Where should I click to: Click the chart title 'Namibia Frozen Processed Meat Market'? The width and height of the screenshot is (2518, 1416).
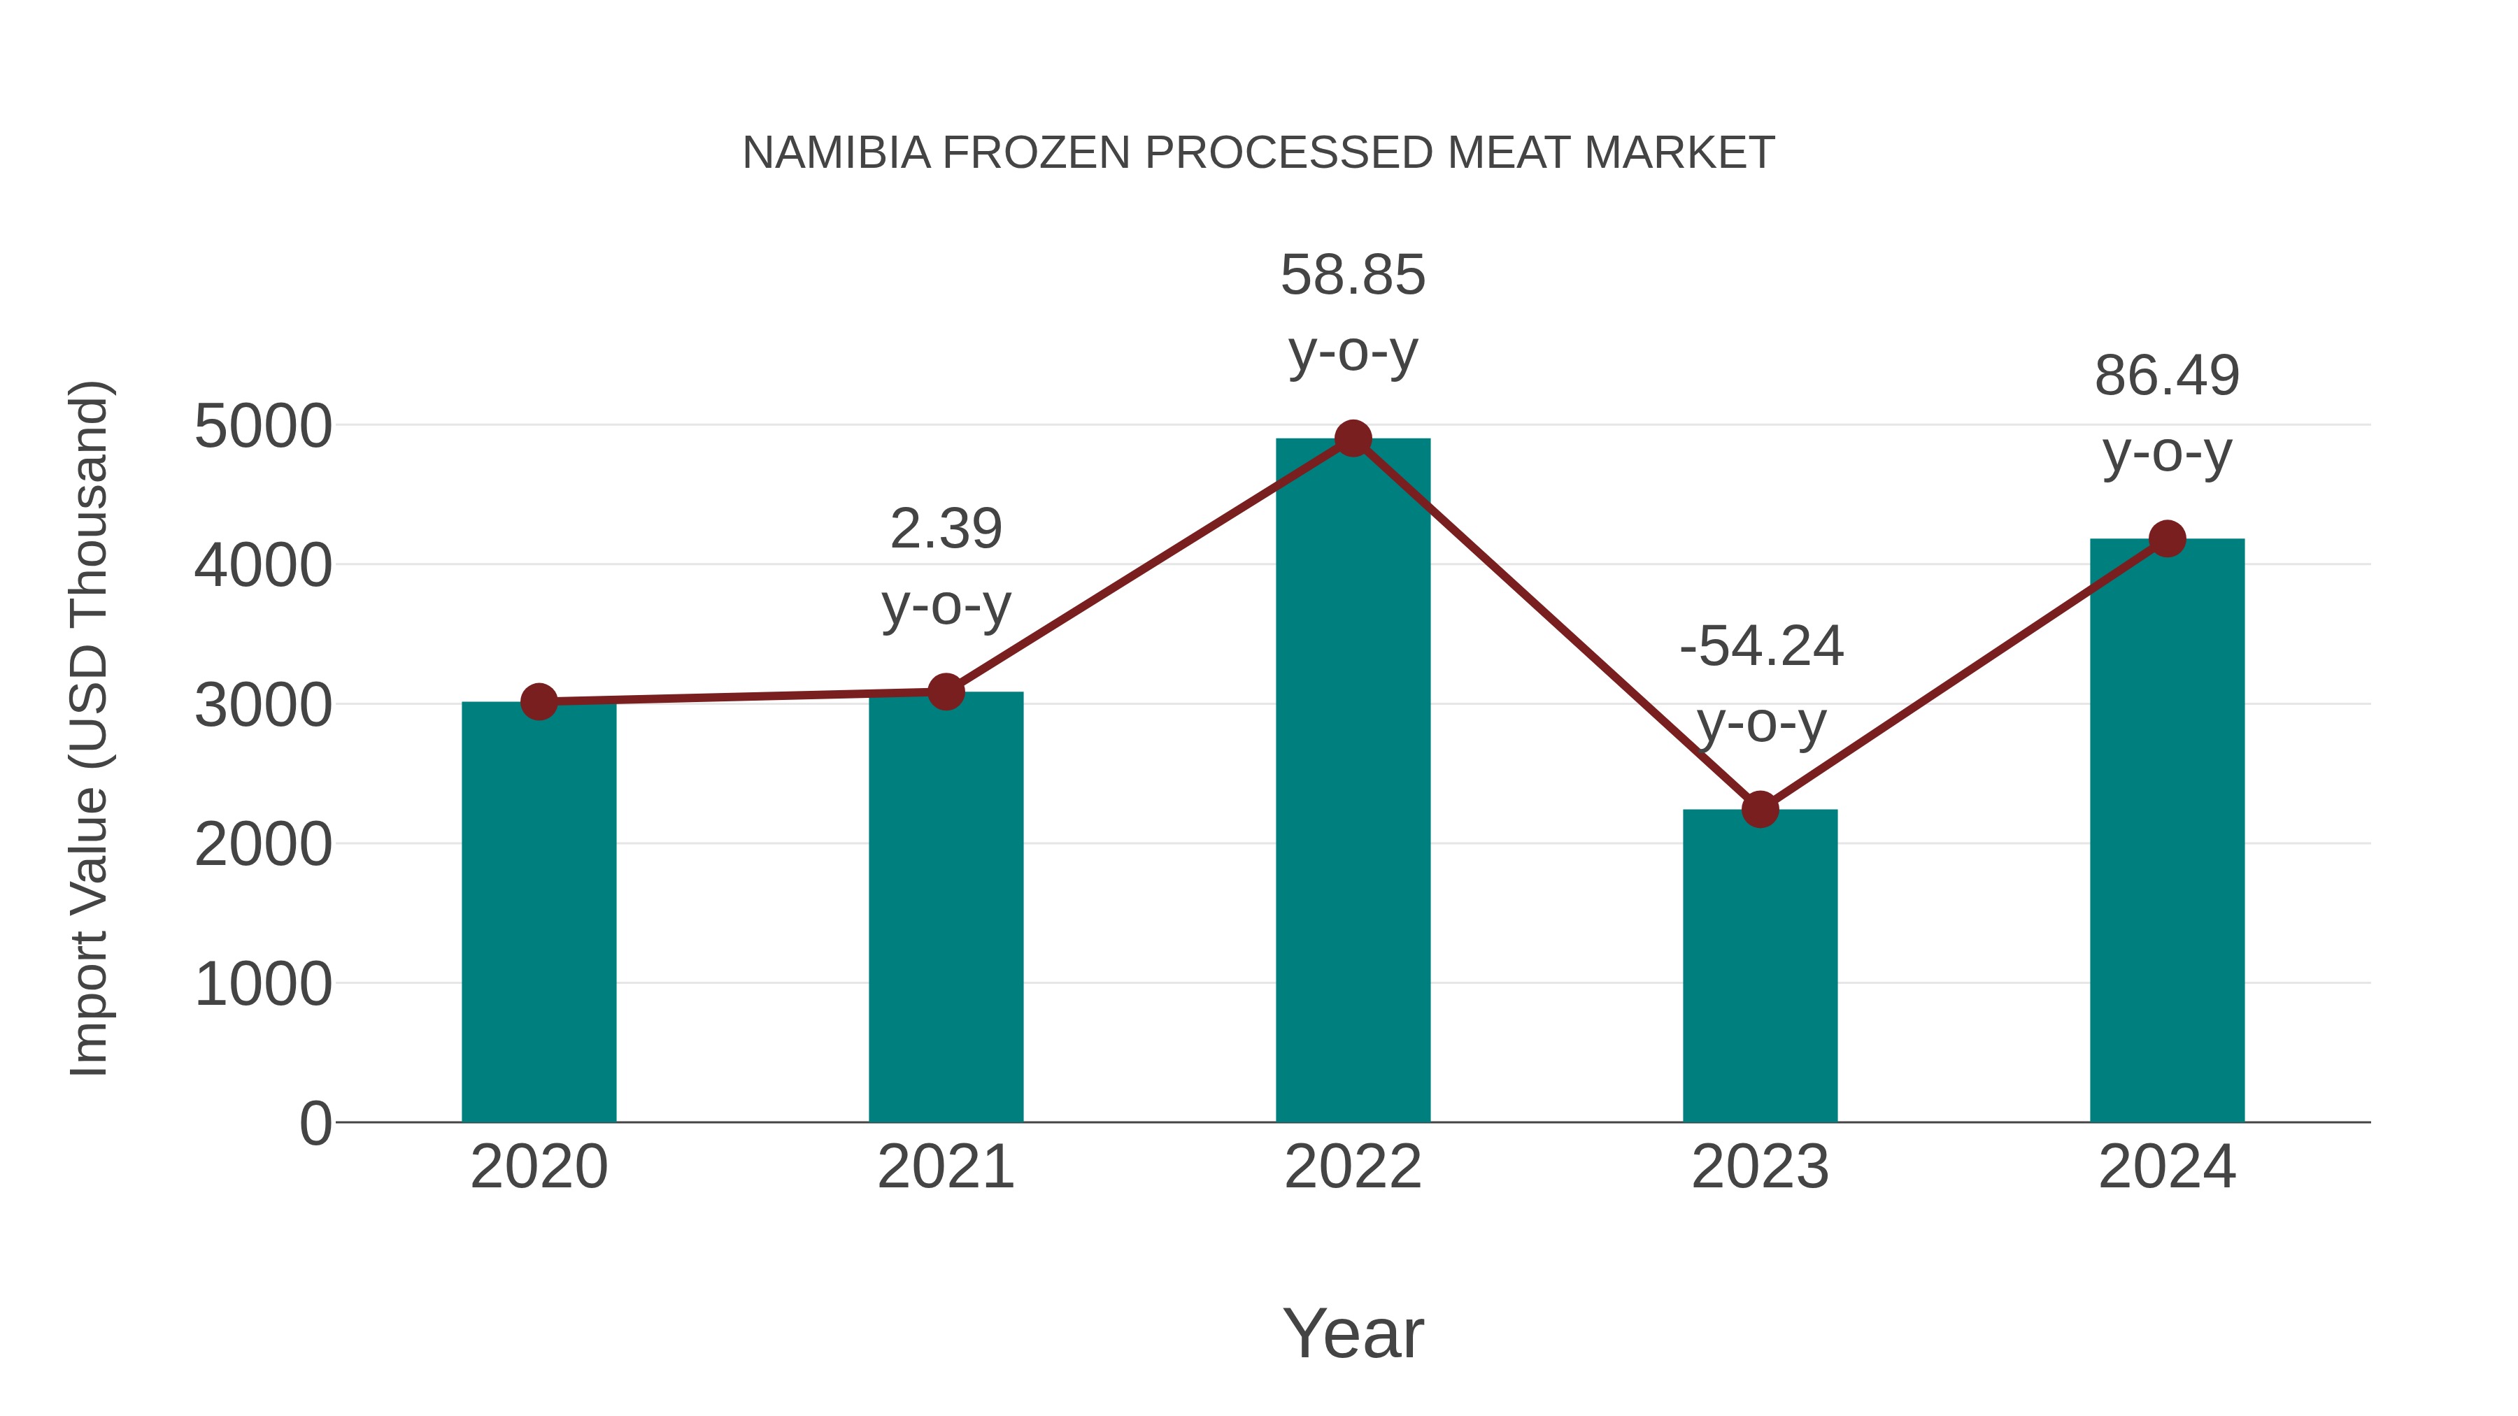(1258, 152)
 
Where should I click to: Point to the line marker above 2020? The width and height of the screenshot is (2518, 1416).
(539, 701)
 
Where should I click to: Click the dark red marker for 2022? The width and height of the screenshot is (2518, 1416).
(1353, 438)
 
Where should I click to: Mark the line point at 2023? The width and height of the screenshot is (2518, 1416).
(1760, 809)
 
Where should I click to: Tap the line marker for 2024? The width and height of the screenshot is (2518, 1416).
(2167, 538)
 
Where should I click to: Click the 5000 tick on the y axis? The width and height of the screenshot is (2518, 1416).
(263, 427)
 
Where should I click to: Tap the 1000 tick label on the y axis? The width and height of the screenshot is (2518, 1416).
(263, 984)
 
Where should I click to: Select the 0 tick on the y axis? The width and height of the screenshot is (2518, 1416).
(315, 1124)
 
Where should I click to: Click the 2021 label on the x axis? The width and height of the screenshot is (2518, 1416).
(945, 1167)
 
